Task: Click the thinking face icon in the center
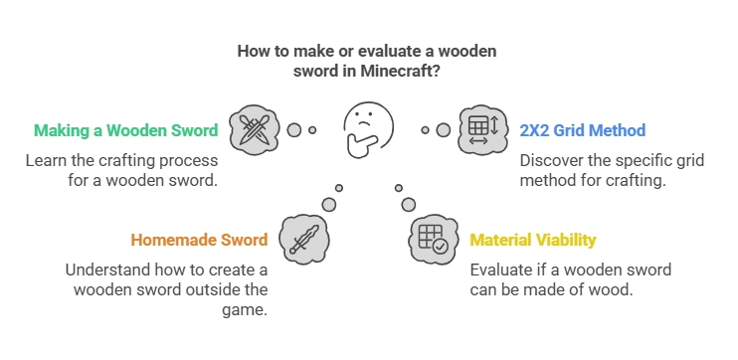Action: (367, 130)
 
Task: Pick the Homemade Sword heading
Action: (199, 240)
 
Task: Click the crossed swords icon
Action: (253, 129)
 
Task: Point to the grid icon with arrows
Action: (479, 130)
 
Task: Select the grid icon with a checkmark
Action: (432, 240)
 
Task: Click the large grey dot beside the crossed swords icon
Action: (293, 129)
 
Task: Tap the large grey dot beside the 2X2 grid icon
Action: (444, 130)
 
